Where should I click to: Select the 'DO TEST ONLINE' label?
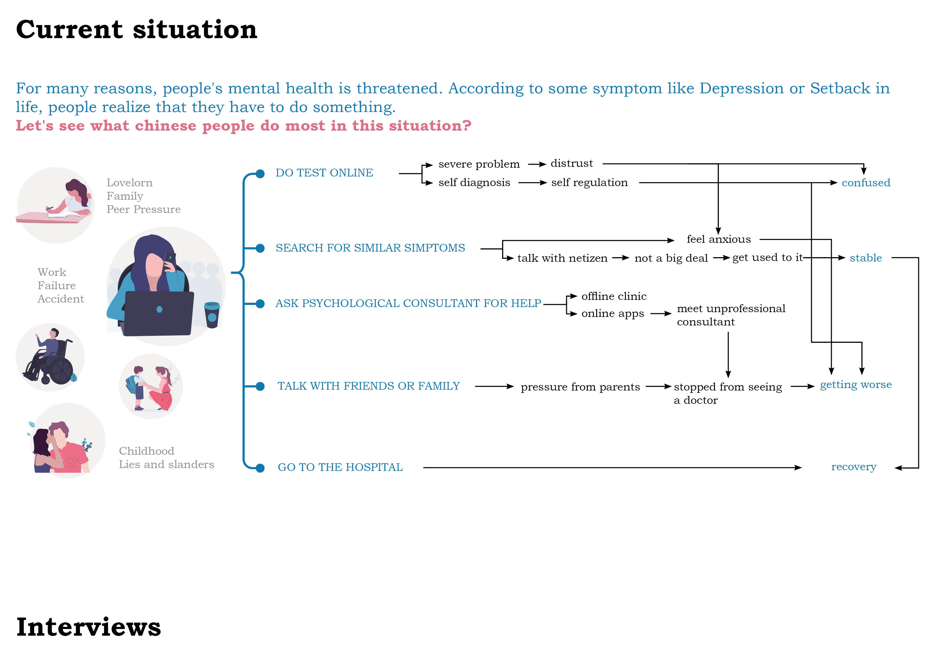coord(324,173)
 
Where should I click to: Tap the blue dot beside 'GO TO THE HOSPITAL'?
coord(260,468)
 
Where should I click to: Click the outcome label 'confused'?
coord(866,183)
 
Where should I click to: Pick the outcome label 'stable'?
coord(865,258)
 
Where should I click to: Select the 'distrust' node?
coord(572,164)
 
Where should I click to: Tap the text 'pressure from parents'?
coord(580,387)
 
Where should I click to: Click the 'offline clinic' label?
coord(614,296)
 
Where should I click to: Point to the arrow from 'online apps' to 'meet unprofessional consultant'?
coord(660,314)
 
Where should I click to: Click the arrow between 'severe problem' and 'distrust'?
coord(537,164)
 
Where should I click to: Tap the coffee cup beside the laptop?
coord(212,315)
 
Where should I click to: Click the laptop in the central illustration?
coord(159,313)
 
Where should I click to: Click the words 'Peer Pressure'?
coord(143,209)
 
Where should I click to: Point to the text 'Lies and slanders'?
coord(166,465)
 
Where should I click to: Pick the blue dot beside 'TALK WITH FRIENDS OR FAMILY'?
coord(260,386)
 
